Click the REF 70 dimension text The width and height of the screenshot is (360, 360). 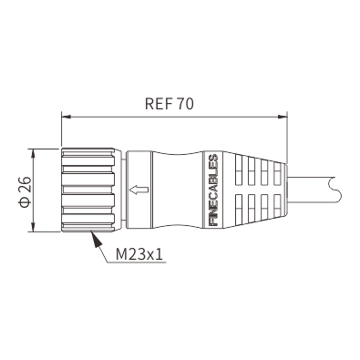point(169,104)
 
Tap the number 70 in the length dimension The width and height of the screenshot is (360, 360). point(185,104)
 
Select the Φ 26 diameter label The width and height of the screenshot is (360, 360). point(26,191)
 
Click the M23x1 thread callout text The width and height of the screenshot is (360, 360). point(139,254)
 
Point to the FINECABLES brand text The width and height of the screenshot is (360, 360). point(214,190)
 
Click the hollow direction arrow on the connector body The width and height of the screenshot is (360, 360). point(139,190)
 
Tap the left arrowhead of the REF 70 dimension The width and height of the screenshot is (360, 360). point(67,117)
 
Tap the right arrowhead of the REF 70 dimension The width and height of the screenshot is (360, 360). point(283,117)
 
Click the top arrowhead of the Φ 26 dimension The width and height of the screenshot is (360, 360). point(33,153)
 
